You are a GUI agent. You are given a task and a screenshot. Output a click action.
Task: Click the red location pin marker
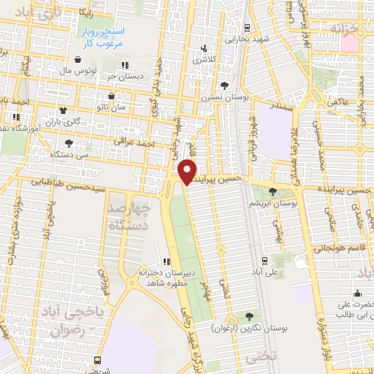(188, 172)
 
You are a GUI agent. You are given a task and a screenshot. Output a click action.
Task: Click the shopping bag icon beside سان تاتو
(111, 95)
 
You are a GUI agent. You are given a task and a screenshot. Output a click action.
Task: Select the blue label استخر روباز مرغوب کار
(104, 38)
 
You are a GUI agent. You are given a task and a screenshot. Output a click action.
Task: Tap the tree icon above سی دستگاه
(69, 143)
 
